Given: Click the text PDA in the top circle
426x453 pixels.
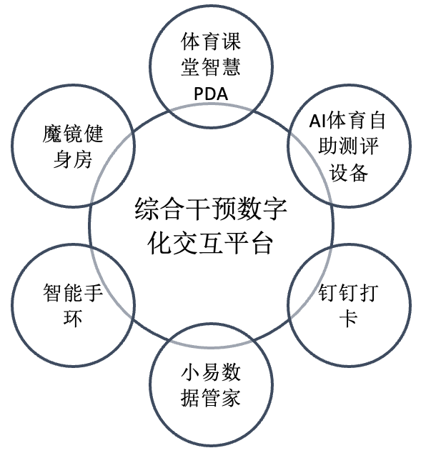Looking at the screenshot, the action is [211, 94].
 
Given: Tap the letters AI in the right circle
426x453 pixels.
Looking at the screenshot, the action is [318, 121].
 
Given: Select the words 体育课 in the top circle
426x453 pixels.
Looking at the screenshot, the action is [211, 41].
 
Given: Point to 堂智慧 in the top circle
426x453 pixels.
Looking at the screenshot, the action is [211, 67].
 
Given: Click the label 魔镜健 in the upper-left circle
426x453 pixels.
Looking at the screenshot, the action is [73, 134].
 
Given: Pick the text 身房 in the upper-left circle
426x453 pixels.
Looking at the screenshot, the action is [73, 159].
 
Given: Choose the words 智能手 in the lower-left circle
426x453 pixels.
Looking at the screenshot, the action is [73, 292].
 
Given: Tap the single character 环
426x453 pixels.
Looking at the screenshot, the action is [73, 318].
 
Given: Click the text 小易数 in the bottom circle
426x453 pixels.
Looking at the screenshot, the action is [211, 372].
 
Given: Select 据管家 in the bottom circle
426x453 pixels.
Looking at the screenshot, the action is [211, 397].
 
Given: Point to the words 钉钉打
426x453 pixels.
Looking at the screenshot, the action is [348, 292].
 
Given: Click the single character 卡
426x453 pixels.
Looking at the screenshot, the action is [348, 318].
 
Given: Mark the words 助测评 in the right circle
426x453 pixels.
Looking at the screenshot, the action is [348, 146].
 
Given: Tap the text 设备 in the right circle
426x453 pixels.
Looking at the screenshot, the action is [348, 172].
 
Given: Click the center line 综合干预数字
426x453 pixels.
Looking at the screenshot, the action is [211, 209].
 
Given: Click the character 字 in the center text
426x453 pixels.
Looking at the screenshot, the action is [274, 209].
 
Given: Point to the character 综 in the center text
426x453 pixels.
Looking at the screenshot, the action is [147, 209].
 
